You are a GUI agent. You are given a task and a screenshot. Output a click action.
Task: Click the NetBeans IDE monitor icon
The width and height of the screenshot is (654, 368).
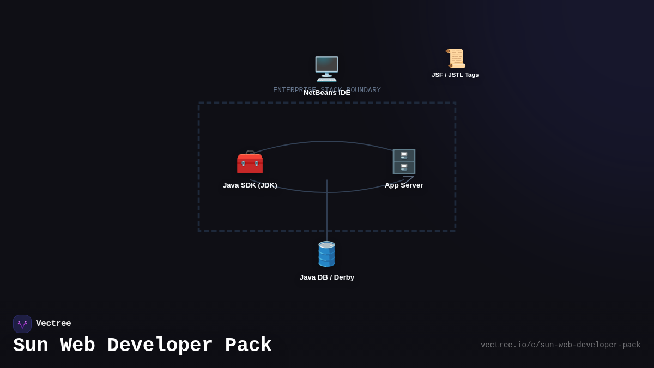[x=326, y=69]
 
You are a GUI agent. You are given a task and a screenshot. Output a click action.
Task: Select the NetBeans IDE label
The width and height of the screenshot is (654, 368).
[x=327, y=93]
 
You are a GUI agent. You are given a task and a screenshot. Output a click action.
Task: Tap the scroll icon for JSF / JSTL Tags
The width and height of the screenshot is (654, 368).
[x=455, y=58]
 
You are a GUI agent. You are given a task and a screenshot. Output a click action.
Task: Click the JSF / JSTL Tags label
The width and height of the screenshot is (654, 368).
[x=455, y=75]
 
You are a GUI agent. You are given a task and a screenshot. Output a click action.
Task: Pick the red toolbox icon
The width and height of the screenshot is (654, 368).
[x=250, y=162]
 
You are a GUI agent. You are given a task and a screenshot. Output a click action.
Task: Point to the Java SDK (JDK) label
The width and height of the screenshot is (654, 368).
[x=250, y=185]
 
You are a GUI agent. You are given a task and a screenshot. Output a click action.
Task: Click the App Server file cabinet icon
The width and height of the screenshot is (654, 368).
[x=404, y=162]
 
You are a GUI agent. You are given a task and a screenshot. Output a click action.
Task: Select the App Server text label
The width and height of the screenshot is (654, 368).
[x=404, y=185]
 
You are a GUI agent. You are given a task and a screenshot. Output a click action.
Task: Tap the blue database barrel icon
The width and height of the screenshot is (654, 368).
[x=326, y=254]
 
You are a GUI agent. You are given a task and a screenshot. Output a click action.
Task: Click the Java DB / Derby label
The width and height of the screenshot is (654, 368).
[x=327, y=277]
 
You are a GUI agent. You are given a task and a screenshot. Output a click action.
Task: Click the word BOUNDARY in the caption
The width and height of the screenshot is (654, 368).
[x=364, y=89]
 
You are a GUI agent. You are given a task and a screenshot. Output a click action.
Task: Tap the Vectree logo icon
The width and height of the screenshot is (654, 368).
[x=22, y=324]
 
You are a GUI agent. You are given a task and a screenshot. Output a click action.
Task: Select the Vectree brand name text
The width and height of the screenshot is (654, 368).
[x=53, y=324]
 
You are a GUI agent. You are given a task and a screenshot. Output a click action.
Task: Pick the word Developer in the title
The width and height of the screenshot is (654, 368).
[x=160, y=346]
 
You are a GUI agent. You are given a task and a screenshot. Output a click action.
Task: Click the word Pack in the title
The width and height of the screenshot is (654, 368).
[x=248, y=346]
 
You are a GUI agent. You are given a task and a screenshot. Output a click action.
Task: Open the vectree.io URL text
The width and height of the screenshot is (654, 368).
[x=560, y=345]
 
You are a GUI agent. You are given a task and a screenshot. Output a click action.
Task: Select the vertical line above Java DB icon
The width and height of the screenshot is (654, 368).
[x=327, y=213]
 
